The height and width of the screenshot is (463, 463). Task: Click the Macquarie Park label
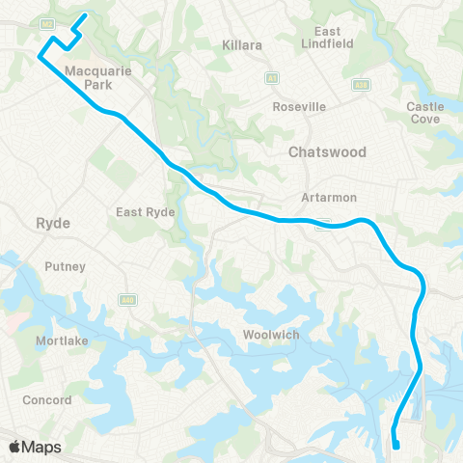(90, 78)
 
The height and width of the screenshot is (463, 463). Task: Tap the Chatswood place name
(327, 152)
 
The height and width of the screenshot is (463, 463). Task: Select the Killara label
(242, 45)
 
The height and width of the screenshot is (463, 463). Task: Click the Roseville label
(299, 106)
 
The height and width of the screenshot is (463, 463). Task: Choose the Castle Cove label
(424, 113)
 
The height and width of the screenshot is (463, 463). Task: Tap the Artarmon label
(329, 197)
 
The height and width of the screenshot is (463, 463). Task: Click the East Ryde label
(143, 212)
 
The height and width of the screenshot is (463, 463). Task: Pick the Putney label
(66, 266)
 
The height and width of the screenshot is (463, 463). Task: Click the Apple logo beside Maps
(15, 447)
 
